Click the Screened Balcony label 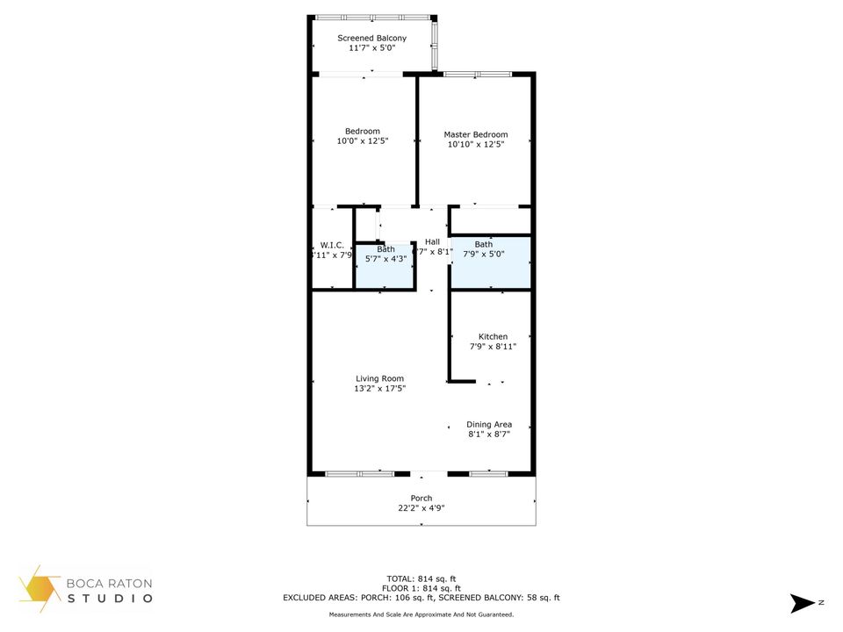pos(372,39)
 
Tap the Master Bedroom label pos(475,134)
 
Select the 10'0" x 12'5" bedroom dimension pos(362,141)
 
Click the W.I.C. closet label pos(331,245)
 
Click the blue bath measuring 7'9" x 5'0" pos(490,262)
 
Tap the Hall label pos(432,241)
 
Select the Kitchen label pos(493,336)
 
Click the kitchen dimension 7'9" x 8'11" pos(493,347)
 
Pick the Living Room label pos(379,378)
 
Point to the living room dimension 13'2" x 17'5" pos(379,389)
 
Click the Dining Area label pos(489,424)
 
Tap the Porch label pos(421,498)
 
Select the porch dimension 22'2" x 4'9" pos(421,508)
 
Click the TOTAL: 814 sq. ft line pos(421,578)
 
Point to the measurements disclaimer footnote pos(421,614)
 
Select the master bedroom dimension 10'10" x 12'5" pos(475,145)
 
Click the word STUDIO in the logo pos(110,599)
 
